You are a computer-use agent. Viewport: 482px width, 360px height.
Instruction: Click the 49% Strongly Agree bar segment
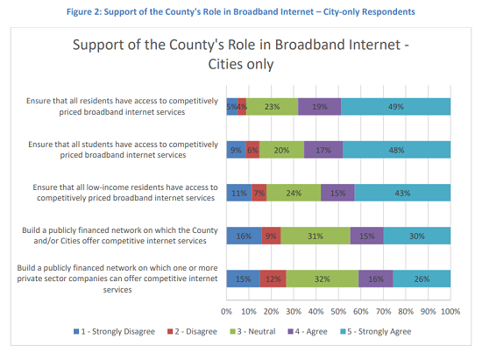(x=396, y=106)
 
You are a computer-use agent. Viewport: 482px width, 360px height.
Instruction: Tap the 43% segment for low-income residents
(x=402, y=192)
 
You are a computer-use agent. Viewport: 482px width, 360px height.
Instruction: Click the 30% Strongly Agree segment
(x=417, y=235)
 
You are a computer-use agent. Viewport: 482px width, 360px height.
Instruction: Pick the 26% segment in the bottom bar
(x=422, y=278)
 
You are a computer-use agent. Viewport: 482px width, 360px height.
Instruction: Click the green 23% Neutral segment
(x=273, y=106)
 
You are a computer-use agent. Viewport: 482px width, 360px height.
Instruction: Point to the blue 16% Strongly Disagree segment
(x=244, y=235)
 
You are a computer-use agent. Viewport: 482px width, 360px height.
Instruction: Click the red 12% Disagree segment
(x=273, y=278)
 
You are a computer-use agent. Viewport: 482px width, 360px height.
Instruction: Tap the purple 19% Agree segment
(x=319, y=106)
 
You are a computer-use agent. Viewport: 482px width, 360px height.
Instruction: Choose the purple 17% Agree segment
(x=323, y=149)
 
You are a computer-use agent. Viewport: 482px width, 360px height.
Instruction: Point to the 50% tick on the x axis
(x=338, y=310)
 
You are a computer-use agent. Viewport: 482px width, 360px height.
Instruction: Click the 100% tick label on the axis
(x=450, y=310)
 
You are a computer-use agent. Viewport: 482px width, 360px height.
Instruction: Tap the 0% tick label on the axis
(x=226, y=310)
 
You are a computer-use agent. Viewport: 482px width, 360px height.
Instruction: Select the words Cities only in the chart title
(x=240, y=65)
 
